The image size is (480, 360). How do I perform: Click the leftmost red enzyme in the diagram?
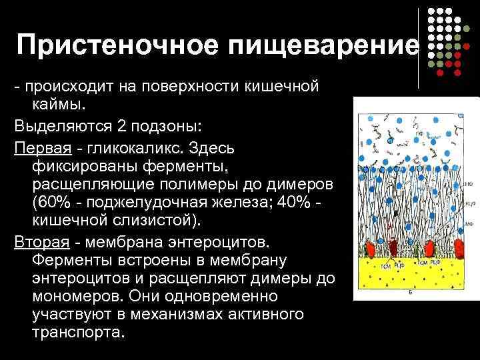coord(369,250)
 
